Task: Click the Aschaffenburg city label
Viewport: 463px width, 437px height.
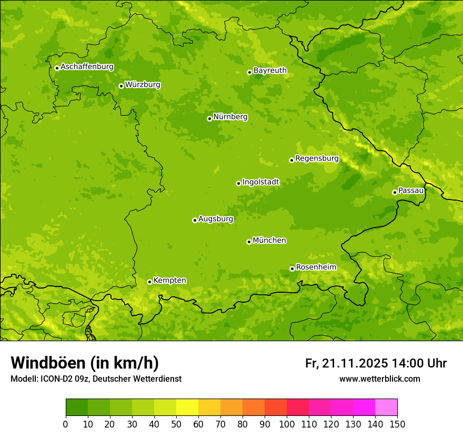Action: tap(87, 67)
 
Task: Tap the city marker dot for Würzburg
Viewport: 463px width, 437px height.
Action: tap(121, 86)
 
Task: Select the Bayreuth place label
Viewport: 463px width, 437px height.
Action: tap(270, 71)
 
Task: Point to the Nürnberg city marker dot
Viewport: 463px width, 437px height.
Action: tap(209, 118)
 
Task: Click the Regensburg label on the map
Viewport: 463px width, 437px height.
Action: tap(317, 158)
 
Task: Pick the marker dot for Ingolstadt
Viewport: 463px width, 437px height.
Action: tap(238, 183)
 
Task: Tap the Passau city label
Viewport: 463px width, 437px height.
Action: tap(411, 191)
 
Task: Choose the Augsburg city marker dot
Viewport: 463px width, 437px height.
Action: tap(195, 220)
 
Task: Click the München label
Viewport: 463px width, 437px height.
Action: tap(269, 241)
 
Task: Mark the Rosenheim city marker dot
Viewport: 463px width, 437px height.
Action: tap(292, 269)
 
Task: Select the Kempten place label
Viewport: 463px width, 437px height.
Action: tap(169, 281)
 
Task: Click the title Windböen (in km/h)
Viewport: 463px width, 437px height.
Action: tap(85, 363)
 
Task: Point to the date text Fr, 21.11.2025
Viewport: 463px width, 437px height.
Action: tap(346, 363)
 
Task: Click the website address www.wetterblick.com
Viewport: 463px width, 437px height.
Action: tap(379, 379)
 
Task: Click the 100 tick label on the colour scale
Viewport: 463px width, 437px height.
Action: tap(287, 424)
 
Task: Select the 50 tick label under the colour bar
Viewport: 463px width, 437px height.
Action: tap(176, 424)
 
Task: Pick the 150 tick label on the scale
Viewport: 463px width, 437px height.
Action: tap(397, 424)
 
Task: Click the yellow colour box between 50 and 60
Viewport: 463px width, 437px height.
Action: tap(187, 408)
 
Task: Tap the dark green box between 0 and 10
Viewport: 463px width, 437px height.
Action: tap(77, 408)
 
